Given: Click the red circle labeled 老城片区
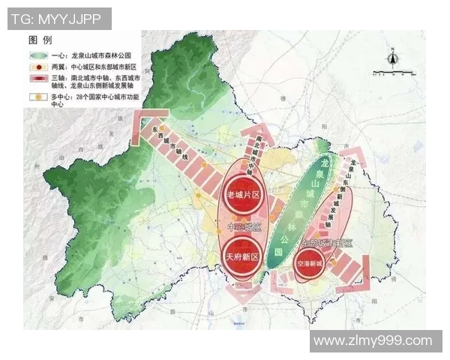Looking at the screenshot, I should (x=241, y=195).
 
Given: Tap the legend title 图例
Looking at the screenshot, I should (x=40, y=38).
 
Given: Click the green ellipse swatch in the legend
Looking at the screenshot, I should (x=43, y=55).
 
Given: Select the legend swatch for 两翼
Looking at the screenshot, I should (x=43, y=67).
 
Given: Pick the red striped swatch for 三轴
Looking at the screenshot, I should (x=43, y=79).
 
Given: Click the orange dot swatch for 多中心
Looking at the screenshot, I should (x=43, y=97).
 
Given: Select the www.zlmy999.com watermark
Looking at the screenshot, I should (x=373, y=341).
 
